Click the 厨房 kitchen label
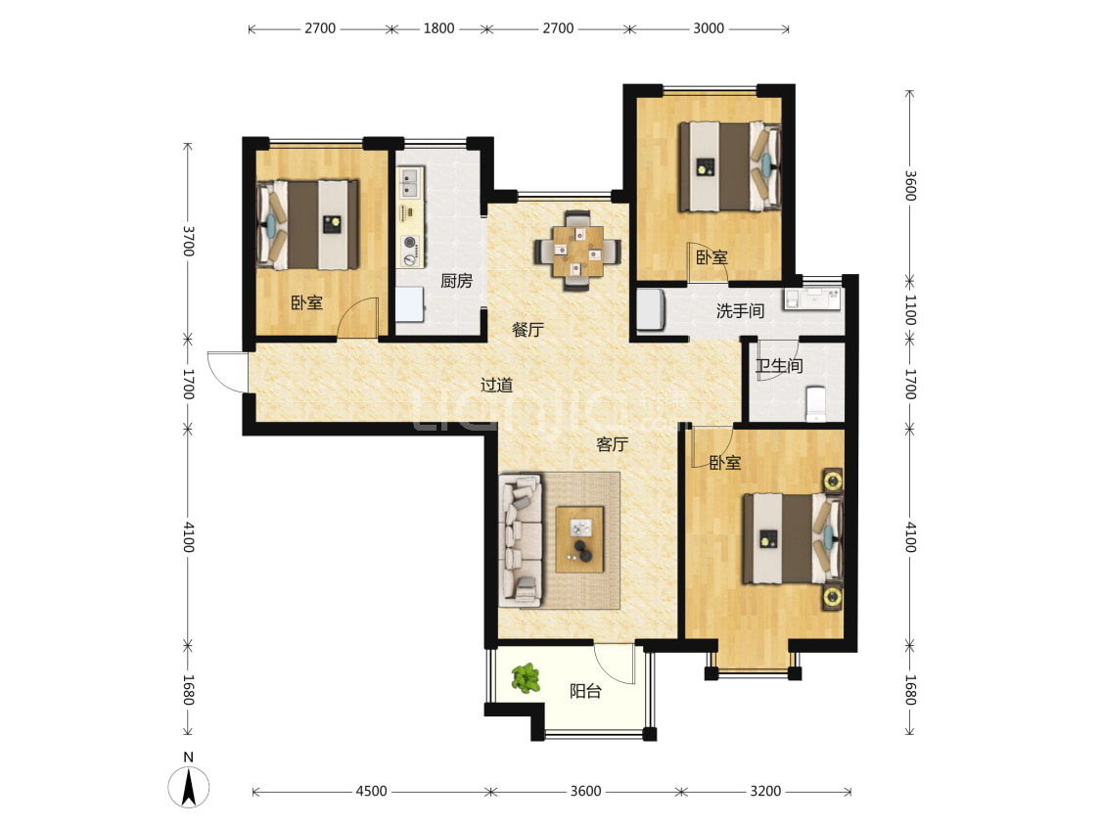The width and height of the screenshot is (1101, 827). (456, 281)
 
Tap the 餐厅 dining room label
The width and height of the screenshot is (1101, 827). (528, 329)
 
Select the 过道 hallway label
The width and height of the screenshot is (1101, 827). (496, 385)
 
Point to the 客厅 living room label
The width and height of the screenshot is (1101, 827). (612, 443)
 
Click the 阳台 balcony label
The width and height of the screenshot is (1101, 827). (585, 691)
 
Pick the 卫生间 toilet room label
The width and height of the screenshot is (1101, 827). (779, 366)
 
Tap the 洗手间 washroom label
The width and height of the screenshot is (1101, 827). (740, 310)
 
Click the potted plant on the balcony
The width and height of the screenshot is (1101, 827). (526, 678)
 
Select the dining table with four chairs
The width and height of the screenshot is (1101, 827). (577, 251)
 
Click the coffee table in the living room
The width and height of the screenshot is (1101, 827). (580, 539)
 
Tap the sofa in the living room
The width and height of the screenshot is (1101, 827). (521, 539)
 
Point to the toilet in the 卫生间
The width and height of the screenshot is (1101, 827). (816, 403)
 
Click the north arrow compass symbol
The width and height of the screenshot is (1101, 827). (188, 786)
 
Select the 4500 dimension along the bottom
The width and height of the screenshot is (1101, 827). (371, 791)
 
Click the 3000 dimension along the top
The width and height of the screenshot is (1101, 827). (708, 28)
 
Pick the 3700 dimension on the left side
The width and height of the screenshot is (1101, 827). (188, 241)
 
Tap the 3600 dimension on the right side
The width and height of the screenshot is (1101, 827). (910, 185)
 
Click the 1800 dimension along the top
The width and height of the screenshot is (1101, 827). (438, 28)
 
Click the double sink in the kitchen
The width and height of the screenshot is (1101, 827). (409, 182)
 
